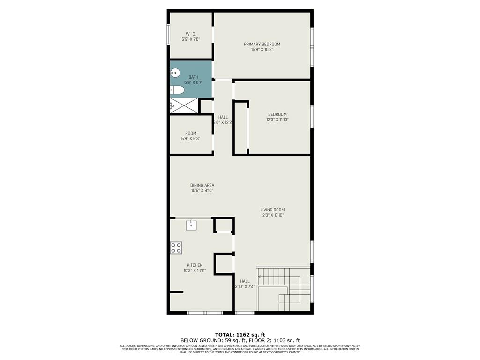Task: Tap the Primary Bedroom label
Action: pyautogui.click(x=262, y=44)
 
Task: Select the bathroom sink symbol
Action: pyautogui.click(x=174, y=73)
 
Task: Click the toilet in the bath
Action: pyautogui.click(x=175, y=90)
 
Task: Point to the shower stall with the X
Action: pyautogui.click(x=183, y=105)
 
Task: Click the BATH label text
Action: pyautogui.click(x=193, y=77)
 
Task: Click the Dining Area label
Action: pyautogui.click(x=202, y=185)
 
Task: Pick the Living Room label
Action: pyautogui.click(x=272, y=210)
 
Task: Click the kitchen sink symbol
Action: pyautogui.click(x=191, y=225)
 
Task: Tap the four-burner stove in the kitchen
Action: pyautogui.click(x=176, y=248)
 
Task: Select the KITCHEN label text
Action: pyautogui.click(x=195, y=265)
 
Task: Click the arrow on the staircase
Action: pyautogui.click(x=261, y=277)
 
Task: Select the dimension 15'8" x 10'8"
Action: pyautogui.click(x=262, y=49)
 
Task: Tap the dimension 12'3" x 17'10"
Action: pyautogui.click(x=272, y=215)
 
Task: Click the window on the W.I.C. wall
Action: pyautogui.click(x=168, y=35)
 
